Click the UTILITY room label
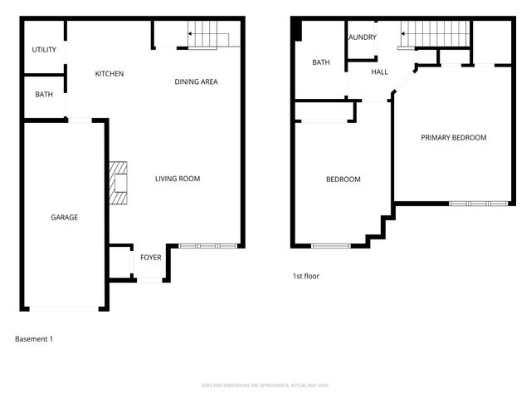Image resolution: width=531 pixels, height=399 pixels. pos(44,50)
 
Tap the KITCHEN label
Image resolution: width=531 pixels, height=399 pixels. pos(109,74)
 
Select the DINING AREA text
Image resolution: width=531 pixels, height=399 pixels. pos(196,81)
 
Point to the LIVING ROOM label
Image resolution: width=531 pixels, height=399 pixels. pos(178,179)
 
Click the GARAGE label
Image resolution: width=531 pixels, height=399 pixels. pos(64,217)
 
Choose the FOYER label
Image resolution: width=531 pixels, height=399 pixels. pos(150,258)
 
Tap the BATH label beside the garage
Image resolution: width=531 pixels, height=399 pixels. pos(44,95)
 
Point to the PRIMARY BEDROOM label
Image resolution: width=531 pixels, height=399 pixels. pos(453,138)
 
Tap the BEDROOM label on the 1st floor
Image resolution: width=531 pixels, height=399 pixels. pos(343,180)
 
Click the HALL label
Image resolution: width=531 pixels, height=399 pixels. pos(379,72)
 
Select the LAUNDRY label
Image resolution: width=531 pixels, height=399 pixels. pos(363,37)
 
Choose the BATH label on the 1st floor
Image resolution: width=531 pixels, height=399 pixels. pos(321,62)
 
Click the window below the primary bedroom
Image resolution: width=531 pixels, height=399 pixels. pos(478,203)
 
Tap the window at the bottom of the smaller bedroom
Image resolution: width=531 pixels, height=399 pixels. pos(331,245)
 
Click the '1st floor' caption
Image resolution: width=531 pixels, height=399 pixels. pos(305,276)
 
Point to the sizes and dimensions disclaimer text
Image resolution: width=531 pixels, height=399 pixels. pos(265,385)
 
